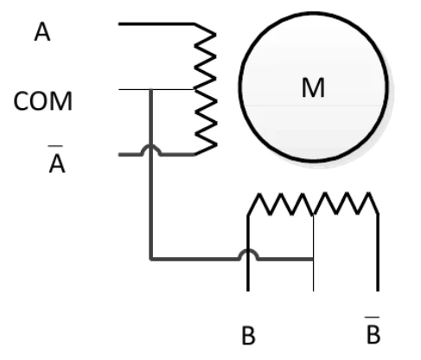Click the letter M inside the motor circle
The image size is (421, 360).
[x=313, y=87]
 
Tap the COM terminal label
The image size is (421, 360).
[x=42, y=101]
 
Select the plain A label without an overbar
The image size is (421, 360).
[x=42, y=32]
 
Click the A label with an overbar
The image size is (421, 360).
[x=57, y=159]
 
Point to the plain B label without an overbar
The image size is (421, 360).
[x=248, y=335]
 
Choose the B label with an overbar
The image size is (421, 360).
[x=373, y=331]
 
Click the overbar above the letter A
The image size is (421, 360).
[x=55, y=146]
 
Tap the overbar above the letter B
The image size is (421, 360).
[x=372, y=318]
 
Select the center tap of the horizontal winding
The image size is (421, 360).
[x=313, y=215]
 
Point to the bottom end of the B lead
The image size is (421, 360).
[x=248, y=291]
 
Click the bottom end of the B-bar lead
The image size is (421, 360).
[x=378, y=291]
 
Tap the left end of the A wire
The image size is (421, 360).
[x=119, y=24]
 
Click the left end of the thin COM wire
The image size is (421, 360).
[x=119, y=89]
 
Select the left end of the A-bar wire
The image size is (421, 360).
[x=119, y=155]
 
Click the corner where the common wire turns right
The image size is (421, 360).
[x=150, y=259]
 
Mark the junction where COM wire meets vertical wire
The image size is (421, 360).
[x=150, y=90]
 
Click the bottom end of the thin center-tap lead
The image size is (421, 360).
[x=313, y=291]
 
